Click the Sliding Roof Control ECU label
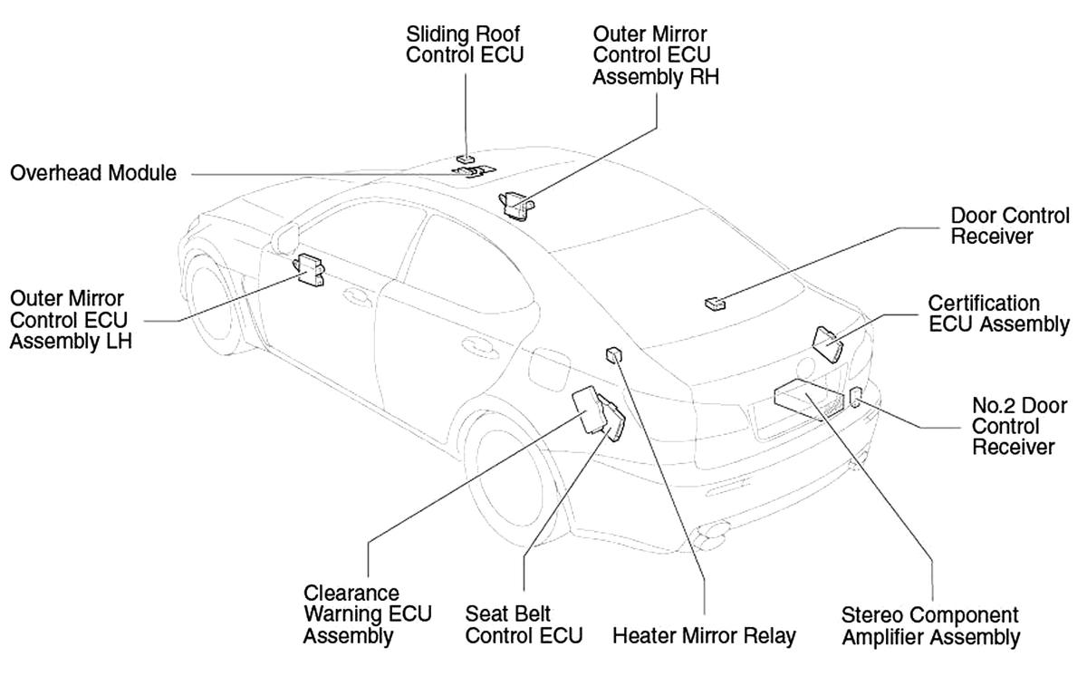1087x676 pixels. coord(465,44)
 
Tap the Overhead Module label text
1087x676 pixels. coord(93,173)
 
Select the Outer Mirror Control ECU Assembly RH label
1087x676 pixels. coord(656,55)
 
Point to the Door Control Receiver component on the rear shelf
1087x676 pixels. coord(716,304)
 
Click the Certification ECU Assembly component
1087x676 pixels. coord(827,344)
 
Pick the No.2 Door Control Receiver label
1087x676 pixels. coord(1019,426)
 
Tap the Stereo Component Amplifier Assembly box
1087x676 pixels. coord(809,399)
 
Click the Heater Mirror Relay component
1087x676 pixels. coord(614,354)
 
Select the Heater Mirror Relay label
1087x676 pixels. coord(704,636)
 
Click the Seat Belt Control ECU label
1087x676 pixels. coord(524,625)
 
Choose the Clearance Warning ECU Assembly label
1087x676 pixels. coord(368,614)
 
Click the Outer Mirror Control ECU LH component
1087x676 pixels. coord(309,270)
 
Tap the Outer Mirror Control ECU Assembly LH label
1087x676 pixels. coord(71,320)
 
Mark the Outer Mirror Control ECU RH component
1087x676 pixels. coord(516,206)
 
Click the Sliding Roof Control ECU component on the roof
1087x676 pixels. coord(466,159)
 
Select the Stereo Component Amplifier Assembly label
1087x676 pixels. coord(931,626)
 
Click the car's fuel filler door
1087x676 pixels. coord(549,369)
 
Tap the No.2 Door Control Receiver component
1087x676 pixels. coord(855,397)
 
